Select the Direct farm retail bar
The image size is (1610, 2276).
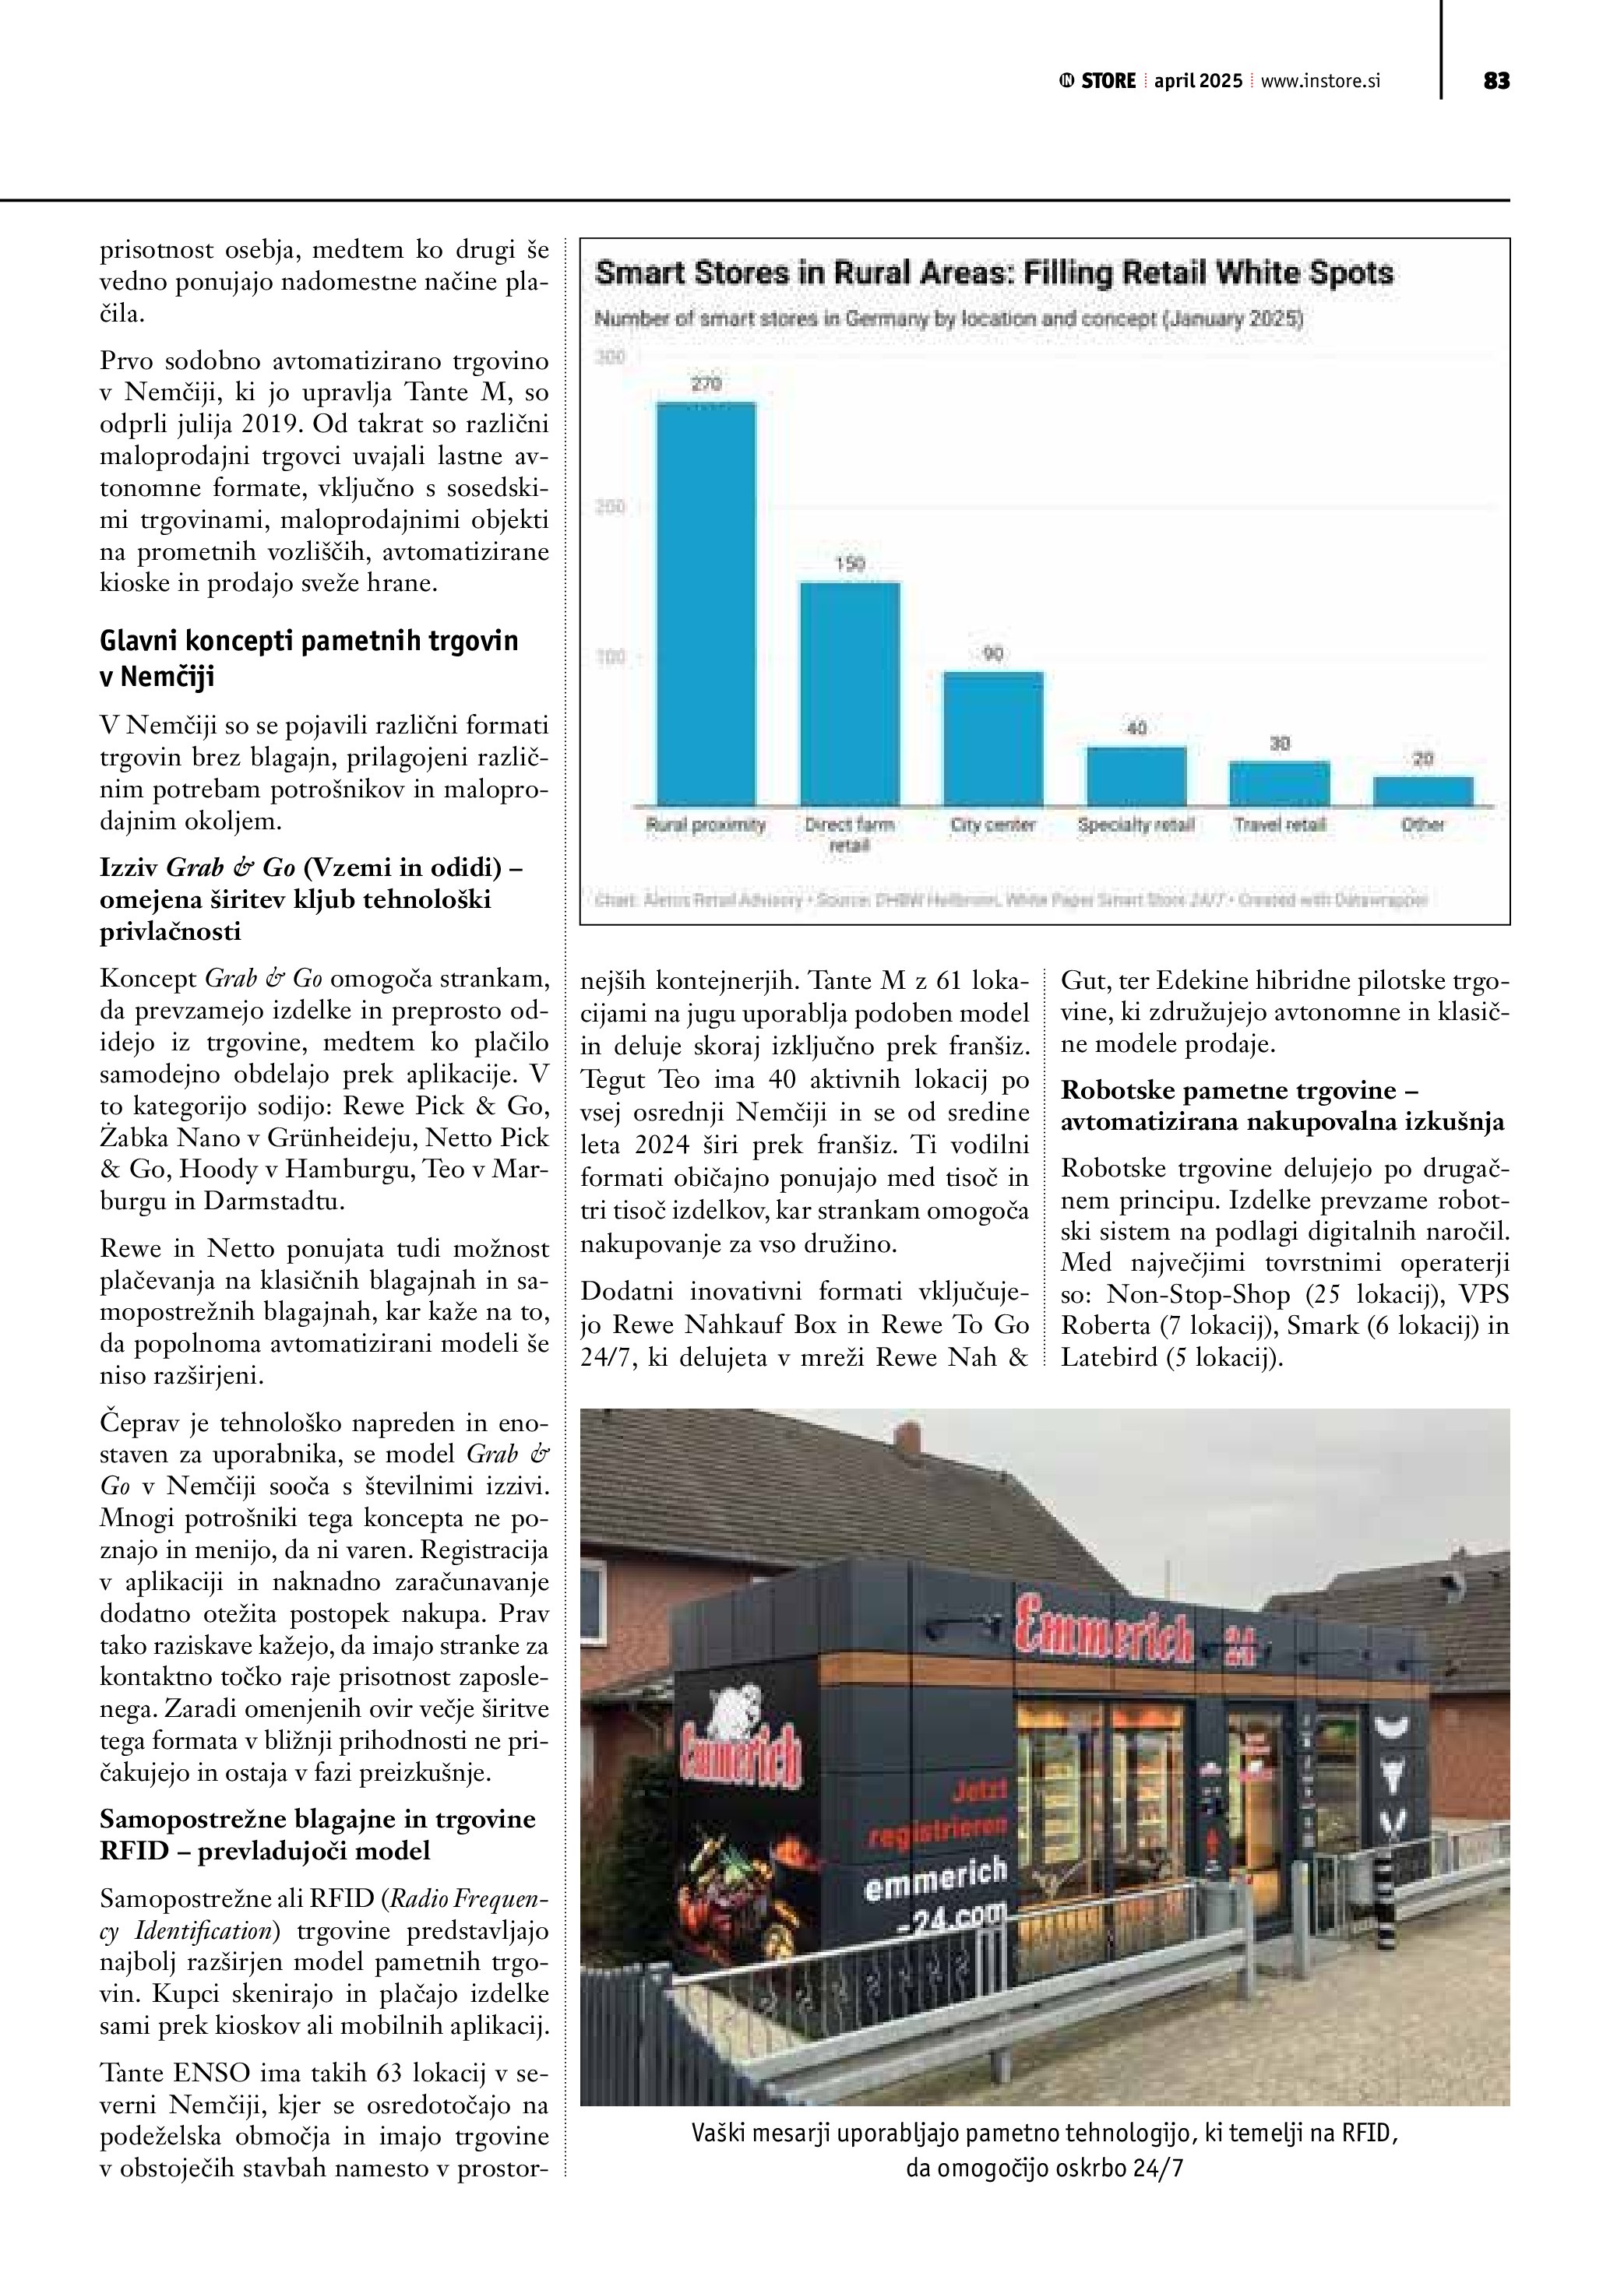[850, 693]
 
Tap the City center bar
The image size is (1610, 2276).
[992, 737]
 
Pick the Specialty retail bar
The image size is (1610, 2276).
[1136, 776]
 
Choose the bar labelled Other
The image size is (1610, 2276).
[1422, 790]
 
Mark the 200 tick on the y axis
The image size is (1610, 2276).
[611, 507]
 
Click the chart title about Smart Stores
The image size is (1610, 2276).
[993, 273]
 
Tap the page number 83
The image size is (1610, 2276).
[1496, 81]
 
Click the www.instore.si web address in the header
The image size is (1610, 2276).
[1319, 81]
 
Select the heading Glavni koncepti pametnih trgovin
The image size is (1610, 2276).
[308, 658]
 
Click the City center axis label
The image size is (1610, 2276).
[992, 825]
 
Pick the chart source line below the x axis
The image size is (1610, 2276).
[1010, 900]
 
